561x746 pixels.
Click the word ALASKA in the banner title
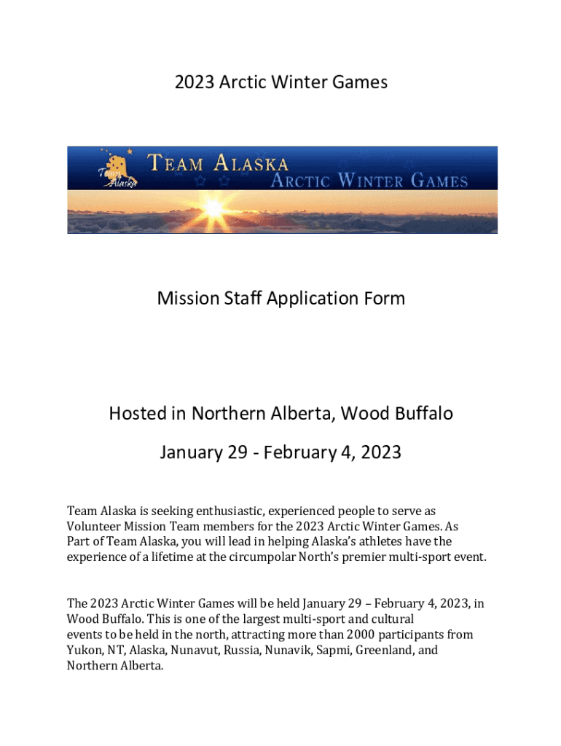pos(251,162)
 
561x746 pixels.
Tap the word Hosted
pos(138,414)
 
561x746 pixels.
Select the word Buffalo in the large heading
pos(420,414)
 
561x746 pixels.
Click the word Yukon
pos(83,650)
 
